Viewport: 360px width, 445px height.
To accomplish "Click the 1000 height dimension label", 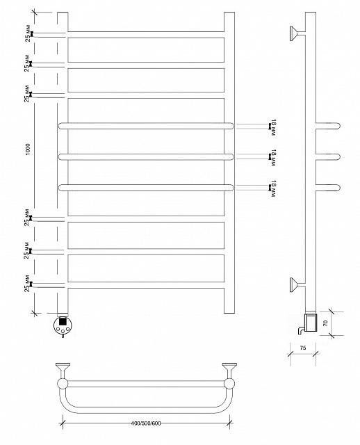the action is pos(28,149).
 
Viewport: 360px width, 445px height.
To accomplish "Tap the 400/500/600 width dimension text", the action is pos(146,423).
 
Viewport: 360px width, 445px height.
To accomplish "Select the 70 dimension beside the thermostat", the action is pos(325,323).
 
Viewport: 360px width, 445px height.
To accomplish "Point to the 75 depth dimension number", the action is pos(303,348).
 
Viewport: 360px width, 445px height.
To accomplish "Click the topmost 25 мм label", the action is pos(28,33).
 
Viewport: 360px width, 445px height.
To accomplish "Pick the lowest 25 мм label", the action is pos(27,283).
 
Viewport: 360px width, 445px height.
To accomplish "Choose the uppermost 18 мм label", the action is pos(273,127).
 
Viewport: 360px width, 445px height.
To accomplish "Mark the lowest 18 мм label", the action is pos(273,188).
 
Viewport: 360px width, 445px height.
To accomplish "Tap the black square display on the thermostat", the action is pos(63,321).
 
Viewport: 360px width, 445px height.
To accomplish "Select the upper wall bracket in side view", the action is pos(297,33).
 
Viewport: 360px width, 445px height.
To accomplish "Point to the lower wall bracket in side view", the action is pos(297,284).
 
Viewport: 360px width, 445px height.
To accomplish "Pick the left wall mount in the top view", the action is pos(63,369).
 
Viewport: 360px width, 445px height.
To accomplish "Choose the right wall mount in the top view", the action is pos(229,369).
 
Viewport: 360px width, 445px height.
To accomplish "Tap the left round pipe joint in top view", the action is pos(63,384).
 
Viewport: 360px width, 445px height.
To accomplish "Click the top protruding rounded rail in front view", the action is pos(147,126).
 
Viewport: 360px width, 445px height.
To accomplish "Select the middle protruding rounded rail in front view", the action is pos(147,156).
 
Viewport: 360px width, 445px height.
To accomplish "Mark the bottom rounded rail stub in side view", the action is pos(328,188).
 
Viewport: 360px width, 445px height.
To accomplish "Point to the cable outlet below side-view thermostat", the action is pos(301,331).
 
